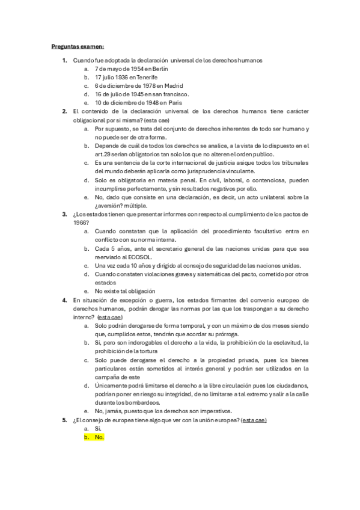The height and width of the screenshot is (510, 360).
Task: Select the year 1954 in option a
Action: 129,69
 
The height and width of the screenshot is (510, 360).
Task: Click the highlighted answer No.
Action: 99,437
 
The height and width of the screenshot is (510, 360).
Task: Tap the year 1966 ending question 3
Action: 81,223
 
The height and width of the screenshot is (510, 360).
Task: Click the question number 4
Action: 65,300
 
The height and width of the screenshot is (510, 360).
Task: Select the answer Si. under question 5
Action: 99,428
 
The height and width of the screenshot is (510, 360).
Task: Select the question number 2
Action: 65,111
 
